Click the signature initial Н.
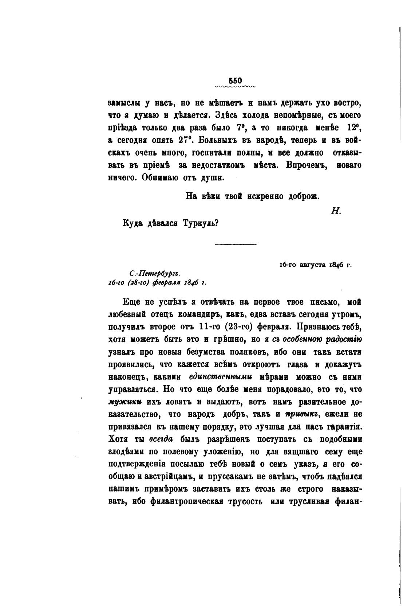(335, 211)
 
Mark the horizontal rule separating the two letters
(235, 244)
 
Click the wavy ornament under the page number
(236, 87)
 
